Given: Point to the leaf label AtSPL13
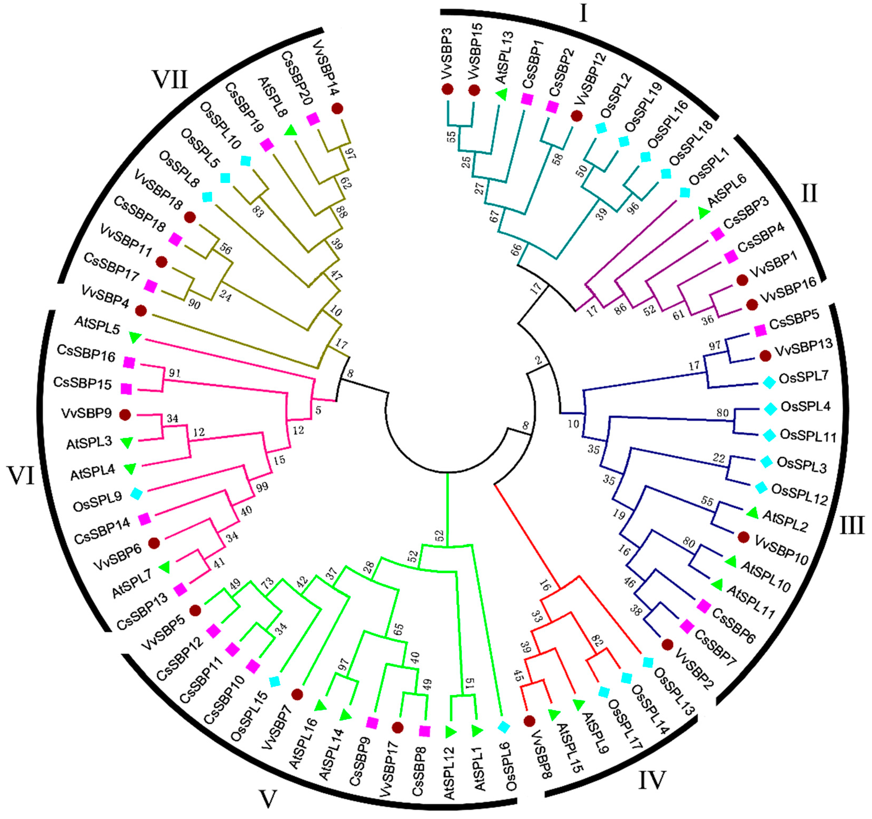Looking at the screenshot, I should [x=504, y=57].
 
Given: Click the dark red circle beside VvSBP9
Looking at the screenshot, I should [x=125, y=415].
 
